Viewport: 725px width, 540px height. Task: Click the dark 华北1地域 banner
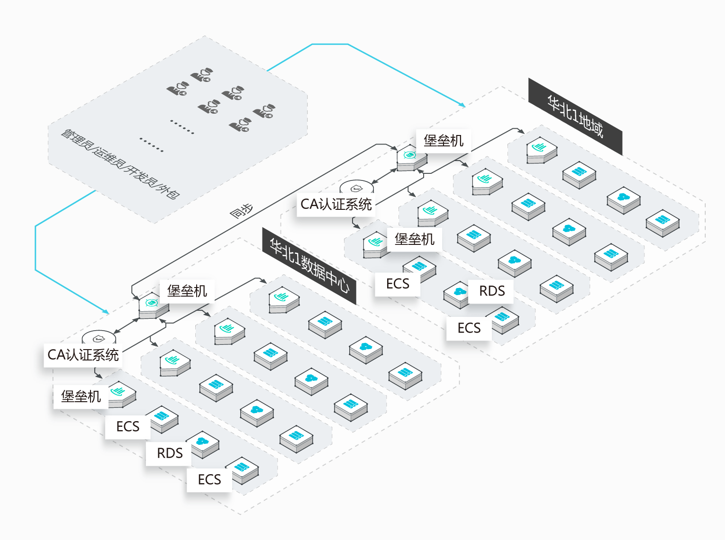575,117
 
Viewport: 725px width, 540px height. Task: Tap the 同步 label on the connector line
241,211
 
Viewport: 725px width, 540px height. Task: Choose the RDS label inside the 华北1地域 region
492,291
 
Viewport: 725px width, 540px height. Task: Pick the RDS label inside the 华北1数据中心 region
170,453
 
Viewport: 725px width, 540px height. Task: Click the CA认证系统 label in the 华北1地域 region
336,204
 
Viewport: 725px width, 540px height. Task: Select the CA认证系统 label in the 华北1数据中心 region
83,355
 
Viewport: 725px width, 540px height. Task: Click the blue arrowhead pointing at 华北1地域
462,105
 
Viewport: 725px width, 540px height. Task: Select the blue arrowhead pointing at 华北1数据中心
106,312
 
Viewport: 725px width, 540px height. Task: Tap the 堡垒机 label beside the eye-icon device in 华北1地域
444,141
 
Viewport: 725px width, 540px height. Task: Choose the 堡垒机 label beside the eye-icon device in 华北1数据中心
187,291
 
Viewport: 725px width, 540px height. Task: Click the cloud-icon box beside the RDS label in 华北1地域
457,295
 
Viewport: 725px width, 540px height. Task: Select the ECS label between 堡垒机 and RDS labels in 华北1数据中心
128,427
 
